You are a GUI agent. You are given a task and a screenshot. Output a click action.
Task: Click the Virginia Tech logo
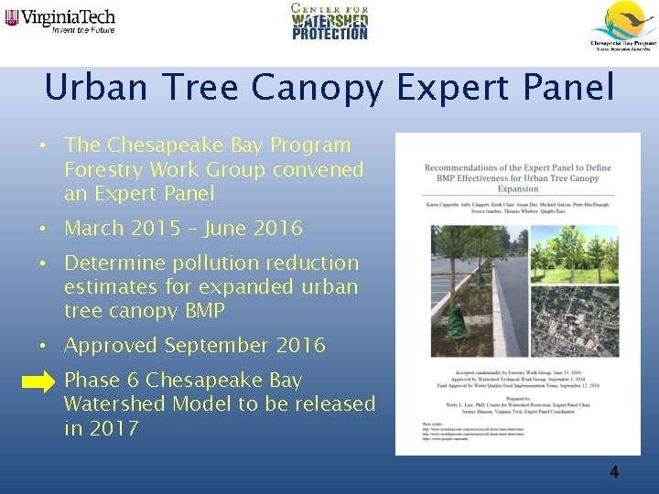(59, 19)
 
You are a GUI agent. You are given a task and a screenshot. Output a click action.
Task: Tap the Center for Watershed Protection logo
(329, 22)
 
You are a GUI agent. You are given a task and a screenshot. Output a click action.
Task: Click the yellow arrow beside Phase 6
(38, 383)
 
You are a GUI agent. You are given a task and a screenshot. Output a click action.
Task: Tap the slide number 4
(614, 472)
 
